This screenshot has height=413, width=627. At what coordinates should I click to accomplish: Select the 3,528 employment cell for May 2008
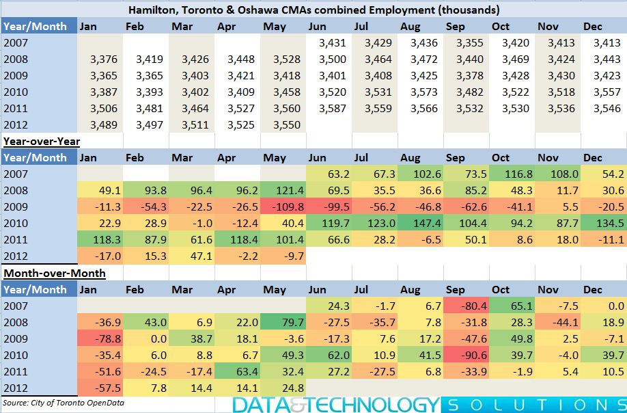pos(283,59)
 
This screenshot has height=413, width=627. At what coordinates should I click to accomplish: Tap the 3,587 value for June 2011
pos(329,109)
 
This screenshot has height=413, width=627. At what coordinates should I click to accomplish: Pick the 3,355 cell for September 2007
pos(466,43)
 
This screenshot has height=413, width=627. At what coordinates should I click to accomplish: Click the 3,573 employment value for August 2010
pos(421,92)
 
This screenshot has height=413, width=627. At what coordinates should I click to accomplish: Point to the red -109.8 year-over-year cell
pos(283,207)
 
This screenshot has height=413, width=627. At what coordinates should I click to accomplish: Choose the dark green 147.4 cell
pos(421,224)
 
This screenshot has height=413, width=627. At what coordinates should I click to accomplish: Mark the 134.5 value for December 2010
pos(604,224)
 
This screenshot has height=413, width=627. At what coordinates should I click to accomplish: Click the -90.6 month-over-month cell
pos(466,355)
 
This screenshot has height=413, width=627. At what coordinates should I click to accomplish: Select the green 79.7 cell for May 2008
pos(283,322)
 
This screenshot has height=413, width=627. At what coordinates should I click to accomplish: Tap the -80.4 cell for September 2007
pos(466,306)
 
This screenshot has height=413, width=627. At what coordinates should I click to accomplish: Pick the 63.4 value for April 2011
pos(238,371)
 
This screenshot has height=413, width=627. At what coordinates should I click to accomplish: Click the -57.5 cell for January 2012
pos(100,388)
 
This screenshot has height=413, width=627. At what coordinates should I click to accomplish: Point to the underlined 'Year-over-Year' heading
pos(42,142)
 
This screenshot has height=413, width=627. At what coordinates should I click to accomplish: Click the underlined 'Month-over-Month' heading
pos(55,274)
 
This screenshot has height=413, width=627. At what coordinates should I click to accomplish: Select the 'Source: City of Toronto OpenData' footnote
pos(64,403)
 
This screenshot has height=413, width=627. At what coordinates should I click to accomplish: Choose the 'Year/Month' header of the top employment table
pos(36,27)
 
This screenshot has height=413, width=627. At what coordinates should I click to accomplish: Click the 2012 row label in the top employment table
pos(16,125)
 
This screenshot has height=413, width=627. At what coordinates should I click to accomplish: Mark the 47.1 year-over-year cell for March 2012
pos(192,256)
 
